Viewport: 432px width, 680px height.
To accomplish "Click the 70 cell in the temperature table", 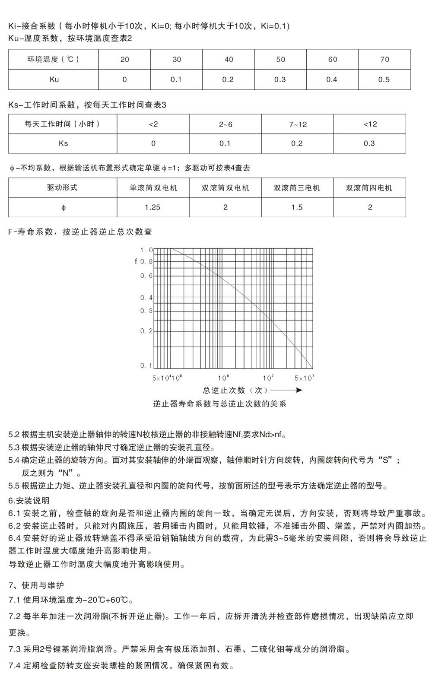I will click(384, 60).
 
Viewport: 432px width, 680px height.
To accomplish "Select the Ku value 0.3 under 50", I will click(280, 79).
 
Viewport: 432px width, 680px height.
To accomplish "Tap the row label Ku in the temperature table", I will click(54, 79).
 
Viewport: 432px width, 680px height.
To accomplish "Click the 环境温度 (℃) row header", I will click(54, 60).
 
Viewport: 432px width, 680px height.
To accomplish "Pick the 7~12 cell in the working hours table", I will click(298, 124).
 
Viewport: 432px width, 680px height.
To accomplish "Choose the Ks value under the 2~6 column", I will click(225, 143).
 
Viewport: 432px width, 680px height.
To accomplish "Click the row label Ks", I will click(63, 143).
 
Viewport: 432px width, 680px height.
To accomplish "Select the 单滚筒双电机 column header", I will click(153, 188).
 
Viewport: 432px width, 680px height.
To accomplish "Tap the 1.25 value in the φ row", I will click(152, 207).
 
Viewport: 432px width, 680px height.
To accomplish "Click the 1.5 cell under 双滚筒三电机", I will click(297, 207).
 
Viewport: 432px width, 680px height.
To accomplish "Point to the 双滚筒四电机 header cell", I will click(369, 188).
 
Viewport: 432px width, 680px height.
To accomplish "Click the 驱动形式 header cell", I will click(63, 188).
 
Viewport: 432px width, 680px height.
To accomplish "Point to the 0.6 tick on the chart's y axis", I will click(146, 276).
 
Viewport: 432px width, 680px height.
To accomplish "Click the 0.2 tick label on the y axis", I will click(146, 331).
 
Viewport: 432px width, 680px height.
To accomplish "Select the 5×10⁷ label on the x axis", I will click(304, 378).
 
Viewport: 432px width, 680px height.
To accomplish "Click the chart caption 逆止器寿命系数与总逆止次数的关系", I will click(219, 404).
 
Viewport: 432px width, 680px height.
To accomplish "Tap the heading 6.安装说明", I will click(29, 501).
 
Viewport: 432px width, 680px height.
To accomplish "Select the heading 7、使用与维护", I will click(36, 585).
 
